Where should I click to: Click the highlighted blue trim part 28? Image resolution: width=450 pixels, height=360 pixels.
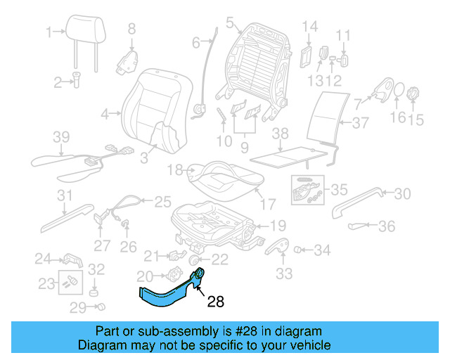(x=169, y=295)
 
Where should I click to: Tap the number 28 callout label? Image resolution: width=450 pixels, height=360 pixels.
(x=216, y=303)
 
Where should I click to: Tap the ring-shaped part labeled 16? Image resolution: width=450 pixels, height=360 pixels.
(x=397, y=92)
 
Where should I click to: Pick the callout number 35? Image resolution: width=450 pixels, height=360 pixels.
(x=339, y=189)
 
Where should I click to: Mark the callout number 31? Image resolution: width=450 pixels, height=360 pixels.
(x=65, y=195)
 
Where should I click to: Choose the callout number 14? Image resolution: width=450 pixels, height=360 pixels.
(x=310, y=27)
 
